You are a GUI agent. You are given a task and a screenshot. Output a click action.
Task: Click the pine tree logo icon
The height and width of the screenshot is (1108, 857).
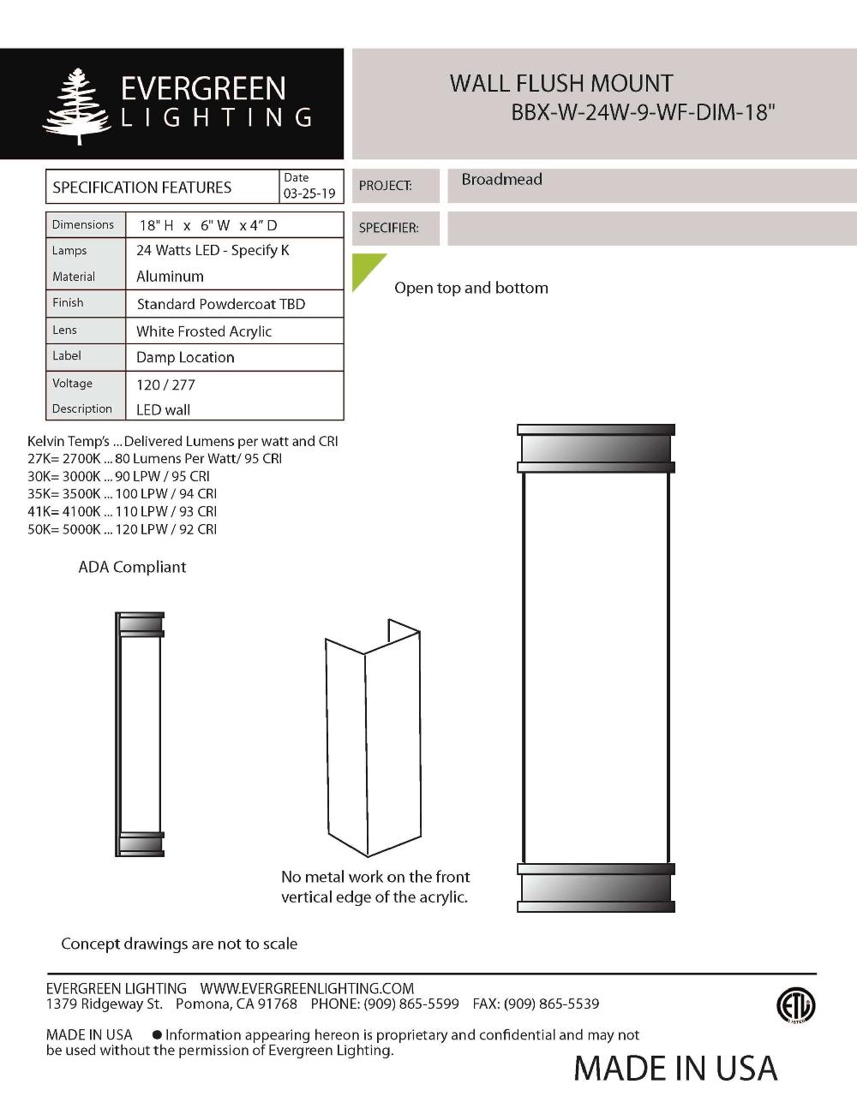pos(77,105)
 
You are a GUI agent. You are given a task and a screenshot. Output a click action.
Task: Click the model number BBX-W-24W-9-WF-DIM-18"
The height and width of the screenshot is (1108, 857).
pos(643,112)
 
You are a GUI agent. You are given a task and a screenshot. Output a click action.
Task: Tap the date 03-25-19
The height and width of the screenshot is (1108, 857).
pos(309,194)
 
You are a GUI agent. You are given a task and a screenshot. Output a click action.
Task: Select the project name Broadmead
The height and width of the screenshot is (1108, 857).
pos(501,180)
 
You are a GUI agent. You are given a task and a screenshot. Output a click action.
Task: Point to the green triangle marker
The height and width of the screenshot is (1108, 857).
pos(365,268)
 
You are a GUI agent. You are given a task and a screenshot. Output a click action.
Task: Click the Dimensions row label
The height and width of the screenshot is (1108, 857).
pos(83,224)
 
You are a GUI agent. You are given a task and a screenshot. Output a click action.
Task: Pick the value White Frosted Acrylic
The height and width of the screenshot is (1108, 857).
pos(204,331)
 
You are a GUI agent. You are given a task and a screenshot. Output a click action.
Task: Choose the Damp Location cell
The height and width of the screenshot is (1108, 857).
pos(185,357)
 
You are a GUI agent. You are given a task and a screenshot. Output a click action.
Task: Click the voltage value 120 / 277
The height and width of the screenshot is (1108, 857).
pos(165,384)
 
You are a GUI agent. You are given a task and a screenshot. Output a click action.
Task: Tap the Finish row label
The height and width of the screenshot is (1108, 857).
pos(68,302)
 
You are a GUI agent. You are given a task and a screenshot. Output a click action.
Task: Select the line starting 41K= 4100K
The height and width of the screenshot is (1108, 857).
pos(122,511)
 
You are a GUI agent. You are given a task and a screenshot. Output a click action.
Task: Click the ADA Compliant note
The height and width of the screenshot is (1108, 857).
pos(132,567)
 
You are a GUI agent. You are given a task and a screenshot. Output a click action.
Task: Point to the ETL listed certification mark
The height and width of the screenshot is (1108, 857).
pos(795,1005)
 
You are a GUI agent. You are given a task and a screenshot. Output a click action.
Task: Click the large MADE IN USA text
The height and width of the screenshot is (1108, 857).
pos(675,1068)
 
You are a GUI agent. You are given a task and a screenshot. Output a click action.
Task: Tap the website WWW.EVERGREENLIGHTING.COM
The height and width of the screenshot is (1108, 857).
pos(307,988)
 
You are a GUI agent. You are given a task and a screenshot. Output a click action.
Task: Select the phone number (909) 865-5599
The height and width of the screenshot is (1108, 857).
pos(411,1004)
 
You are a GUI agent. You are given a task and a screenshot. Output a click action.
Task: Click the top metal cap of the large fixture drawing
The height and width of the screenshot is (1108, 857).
pos(596,448)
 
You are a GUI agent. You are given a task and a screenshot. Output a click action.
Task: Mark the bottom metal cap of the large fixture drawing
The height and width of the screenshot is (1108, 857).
pos(596,888)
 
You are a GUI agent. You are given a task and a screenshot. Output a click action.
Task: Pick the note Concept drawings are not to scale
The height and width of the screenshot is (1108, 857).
pos(179,944)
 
